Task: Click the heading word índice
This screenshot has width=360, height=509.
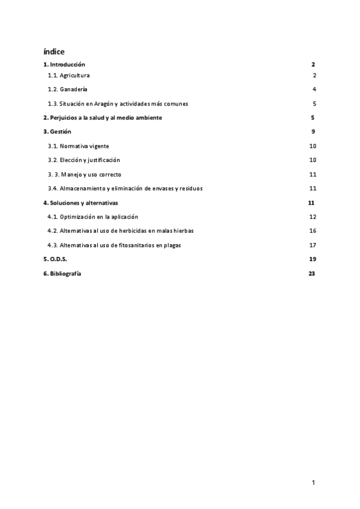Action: [54, 51]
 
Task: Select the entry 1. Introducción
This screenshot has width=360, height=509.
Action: [64, 64]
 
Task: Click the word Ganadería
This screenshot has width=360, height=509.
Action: [74, 89]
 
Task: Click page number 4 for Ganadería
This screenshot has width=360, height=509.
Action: [314, 89]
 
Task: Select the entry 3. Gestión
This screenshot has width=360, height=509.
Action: [58, 131]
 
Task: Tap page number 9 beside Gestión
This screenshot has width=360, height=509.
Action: [313, 131]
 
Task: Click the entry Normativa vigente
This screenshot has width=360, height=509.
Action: [84, 146]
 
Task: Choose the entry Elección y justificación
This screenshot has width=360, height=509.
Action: [90, 160]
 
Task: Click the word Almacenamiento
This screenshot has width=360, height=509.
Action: [83, 188]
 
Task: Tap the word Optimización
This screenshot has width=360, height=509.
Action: [79, 217]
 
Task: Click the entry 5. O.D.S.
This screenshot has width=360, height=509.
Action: [55, 259]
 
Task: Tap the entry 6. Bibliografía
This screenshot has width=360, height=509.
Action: [62, 274]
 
